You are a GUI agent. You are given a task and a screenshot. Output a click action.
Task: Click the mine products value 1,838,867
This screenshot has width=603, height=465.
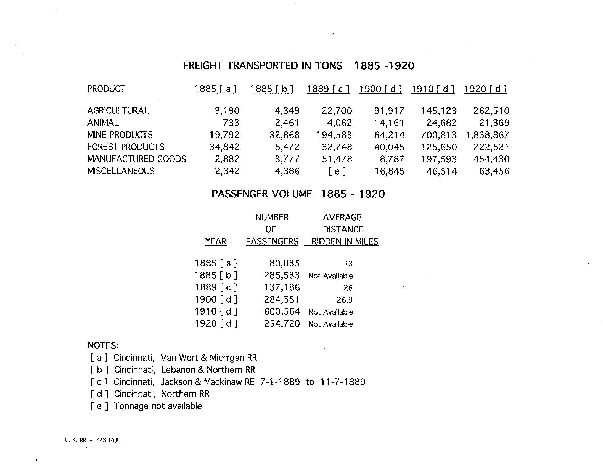click(x=487, y=135)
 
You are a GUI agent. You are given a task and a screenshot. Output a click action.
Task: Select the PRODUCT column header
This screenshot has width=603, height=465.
click(x=106, y=89)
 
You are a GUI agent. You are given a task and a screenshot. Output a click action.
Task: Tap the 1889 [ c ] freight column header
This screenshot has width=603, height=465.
click(x=328, y=89)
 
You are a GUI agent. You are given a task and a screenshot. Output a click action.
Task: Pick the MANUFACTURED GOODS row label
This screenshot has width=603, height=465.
click(x=136, y=159)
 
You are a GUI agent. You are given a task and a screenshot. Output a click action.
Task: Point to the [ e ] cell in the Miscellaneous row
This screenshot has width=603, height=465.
click(x=337, y=171)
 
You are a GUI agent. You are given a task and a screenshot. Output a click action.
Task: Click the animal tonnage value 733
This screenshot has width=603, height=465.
click(x=231, y=123)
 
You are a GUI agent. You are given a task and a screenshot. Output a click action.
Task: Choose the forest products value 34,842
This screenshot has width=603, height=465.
click(x=224, y=147)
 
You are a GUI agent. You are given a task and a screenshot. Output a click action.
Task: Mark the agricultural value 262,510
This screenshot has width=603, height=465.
click(x=491, y=111)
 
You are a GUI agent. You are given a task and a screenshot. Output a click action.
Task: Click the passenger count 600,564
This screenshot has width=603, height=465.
click(x=282, y=312)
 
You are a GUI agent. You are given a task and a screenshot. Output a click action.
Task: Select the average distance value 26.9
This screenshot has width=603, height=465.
click(x=345, y=300)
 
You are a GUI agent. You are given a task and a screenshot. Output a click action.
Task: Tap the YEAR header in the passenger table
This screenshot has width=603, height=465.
click(x=216, y=242)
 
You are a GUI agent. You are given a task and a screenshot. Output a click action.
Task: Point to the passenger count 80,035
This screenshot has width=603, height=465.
click(x=284, y=263)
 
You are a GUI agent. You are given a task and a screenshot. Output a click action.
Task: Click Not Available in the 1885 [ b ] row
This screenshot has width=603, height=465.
click(x=330, y=276)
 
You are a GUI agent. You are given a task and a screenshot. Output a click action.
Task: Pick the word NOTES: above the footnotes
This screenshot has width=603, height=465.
click(x=103, y=345)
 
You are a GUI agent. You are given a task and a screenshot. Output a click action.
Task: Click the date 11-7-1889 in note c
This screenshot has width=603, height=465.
click(x=343, y=382)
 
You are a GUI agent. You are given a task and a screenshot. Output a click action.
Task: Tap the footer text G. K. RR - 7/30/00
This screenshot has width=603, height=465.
click(x=93, y=440)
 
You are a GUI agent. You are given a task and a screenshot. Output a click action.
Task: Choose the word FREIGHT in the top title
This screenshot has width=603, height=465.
click(x=203, y=66)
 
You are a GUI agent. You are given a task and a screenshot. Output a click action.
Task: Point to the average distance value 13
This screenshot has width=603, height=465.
click(x=348, y=264)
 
